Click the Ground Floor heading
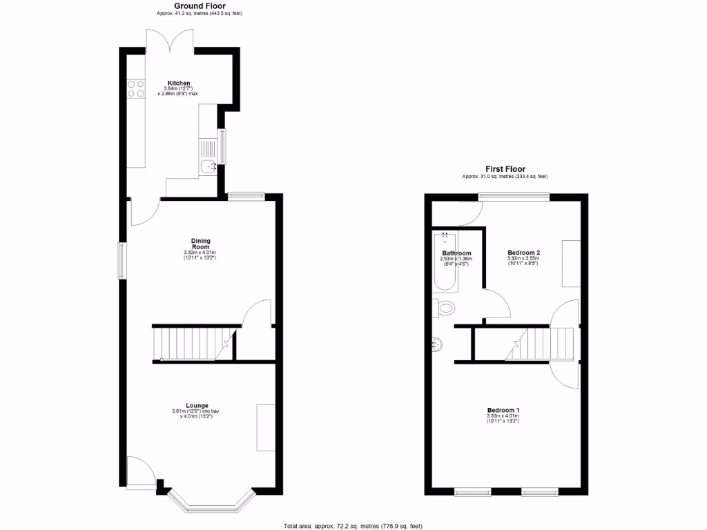pos(180,6)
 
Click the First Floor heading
pos(505,168)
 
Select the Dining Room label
pos(201,243)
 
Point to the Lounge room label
pos(196,405)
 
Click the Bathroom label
pos(456,253)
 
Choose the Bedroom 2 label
pos(523,253)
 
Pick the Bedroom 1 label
pos(503,410)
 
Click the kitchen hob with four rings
pos(135,88)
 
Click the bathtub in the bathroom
pos(445,262)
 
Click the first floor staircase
pos(541,344)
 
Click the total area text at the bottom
pos(353,526)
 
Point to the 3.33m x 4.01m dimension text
pos(503,416)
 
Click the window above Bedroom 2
pos(515,197)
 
